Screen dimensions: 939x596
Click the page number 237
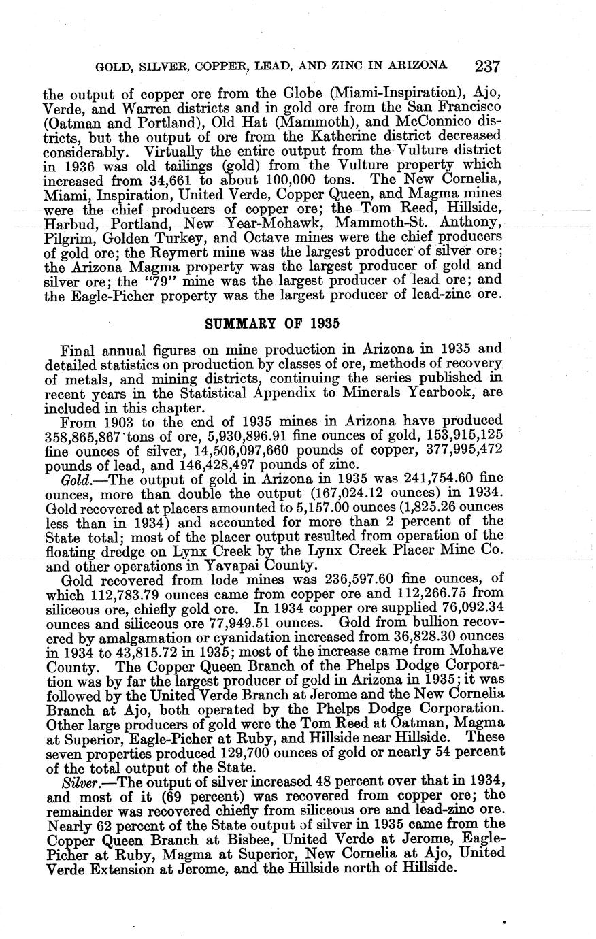click(x=488, y=66)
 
